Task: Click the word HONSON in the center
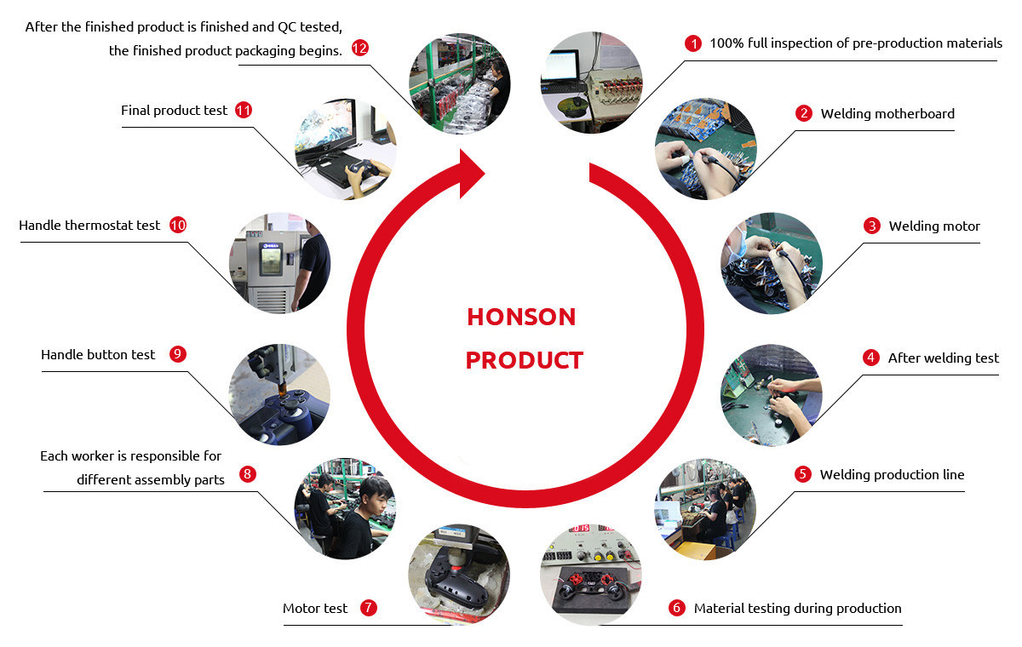(521, 317)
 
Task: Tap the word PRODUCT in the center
(525, 360)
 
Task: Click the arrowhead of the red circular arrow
(470, 174)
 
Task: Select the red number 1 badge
(693, 43)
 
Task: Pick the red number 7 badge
(369, 608)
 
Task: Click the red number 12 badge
(360, 48)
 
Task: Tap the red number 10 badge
(178, 225)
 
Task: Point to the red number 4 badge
(871, 358)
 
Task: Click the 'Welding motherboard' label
(887, 113)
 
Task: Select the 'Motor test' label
(315, 608)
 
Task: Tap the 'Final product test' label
(174, 111)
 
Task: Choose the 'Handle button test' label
(98, 355)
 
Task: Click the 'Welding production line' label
(892, 475)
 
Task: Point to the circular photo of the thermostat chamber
(279, 263)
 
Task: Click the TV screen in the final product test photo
(325, 126)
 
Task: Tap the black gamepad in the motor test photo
(456, 578)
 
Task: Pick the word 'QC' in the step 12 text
(286, 27)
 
